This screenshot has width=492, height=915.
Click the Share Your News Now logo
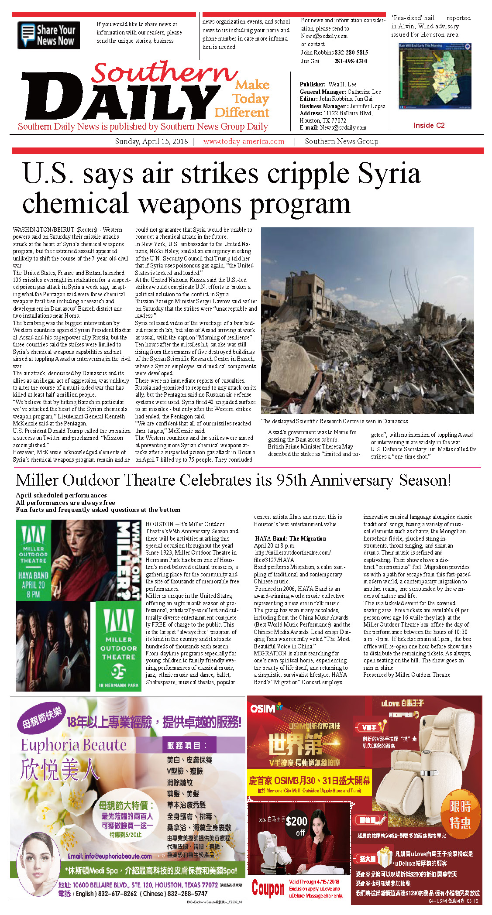point(49,35)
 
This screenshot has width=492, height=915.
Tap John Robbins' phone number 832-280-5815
point(351,52)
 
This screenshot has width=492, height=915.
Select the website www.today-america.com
point(244,141)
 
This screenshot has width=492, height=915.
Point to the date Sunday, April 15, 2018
point(151,141)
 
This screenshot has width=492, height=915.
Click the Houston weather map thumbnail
point(435,76)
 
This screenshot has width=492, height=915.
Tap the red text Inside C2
point(429,125)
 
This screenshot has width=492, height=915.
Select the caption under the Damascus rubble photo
point(334,421)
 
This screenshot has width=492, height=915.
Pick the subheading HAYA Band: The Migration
point(290,538)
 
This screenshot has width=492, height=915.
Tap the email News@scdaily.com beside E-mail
point(343,128)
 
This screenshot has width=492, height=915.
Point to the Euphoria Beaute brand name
point(74,745)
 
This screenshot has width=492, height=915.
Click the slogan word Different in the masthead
point(241,113)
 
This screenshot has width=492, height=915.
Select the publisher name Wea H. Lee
point(342,84)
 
